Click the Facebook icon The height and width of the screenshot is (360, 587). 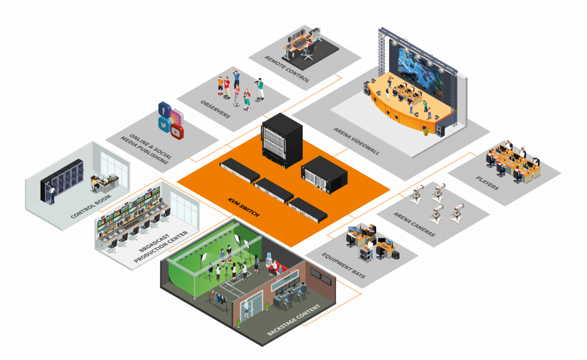[x=165, y=109]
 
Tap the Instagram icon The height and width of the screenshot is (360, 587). [x=176, y=118]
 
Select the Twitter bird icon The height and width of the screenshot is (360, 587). [x=165, y=123]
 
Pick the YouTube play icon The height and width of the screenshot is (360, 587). [x=177, y=132]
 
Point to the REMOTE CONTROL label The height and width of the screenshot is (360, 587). [x=287, y=69]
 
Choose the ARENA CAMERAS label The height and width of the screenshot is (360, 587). [x=414, y=225]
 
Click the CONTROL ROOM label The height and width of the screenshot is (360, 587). [x=90, y=204]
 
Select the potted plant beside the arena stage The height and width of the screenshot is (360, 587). [x=425, y=130]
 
